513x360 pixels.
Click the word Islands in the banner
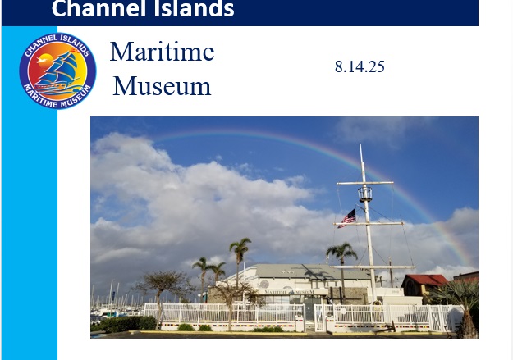(194, 8)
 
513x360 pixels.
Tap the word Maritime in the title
(162, 52)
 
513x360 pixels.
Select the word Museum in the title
(162, 86)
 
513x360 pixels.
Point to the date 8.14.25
(360, 66)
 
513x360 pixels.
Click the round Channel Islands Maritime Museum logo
(57, 71)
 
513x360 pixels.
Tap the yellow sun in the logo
(45, 60)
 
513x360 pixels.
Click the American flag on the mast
(347, 218)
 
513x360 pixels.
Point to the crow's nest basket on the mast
(364, 194)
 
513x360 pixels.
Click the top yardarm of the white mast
(365, 183)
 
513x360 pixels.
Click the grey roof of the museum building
(311, 271)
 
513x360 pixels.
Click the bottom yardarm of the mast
(373, 267)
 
